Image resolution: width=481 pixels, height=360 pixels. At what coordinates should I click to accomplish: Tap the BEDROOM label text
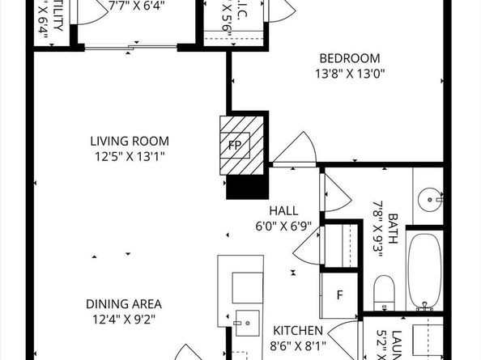pos(349,57)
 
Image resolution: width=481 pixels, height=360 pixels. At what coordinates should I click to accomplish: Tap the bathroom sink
pos(430,197)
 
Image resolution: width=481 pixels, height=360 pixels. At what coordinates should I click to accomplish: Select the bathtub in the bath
pos(424,270)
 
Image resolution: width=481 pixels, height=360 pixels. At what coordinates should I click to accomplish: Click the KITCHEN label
pos(298,331)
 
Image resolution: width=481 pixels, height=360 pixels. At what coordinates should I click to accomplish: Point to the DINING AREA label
pos(124,304)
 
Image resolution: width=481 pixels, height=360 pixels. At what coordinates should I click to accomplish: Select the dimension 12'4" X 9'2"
pos(124,319)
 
